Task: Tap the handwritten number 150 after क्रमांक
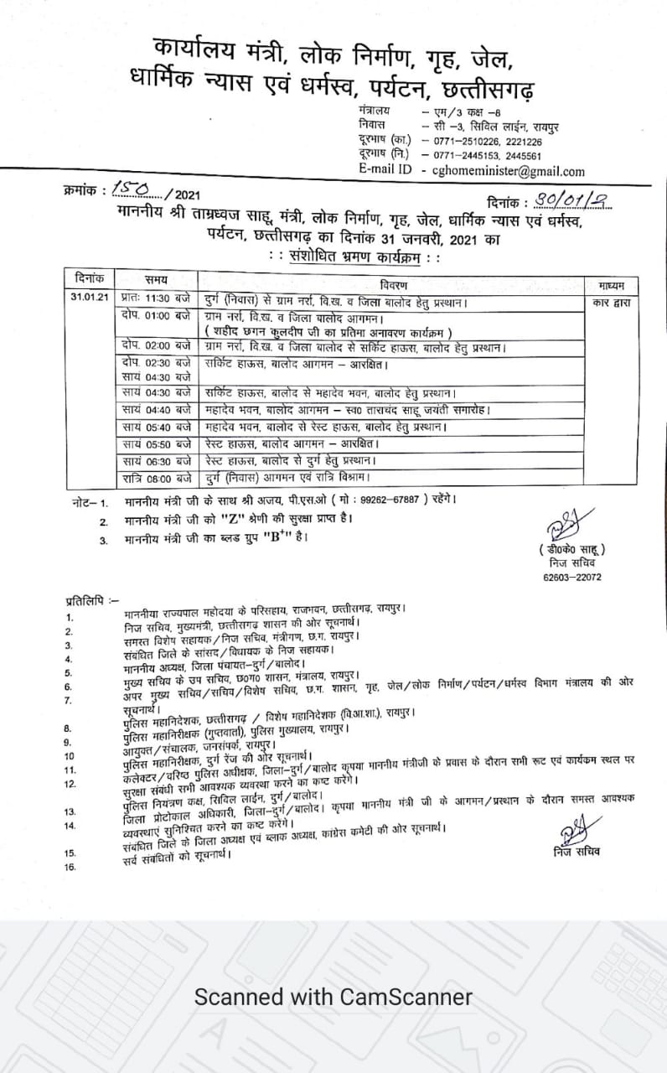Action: [x=130, y=191]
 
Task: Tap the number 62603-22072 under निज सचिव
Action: [x=572, y=578]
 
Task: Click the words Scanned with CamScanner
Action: [x=333, y=998]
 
